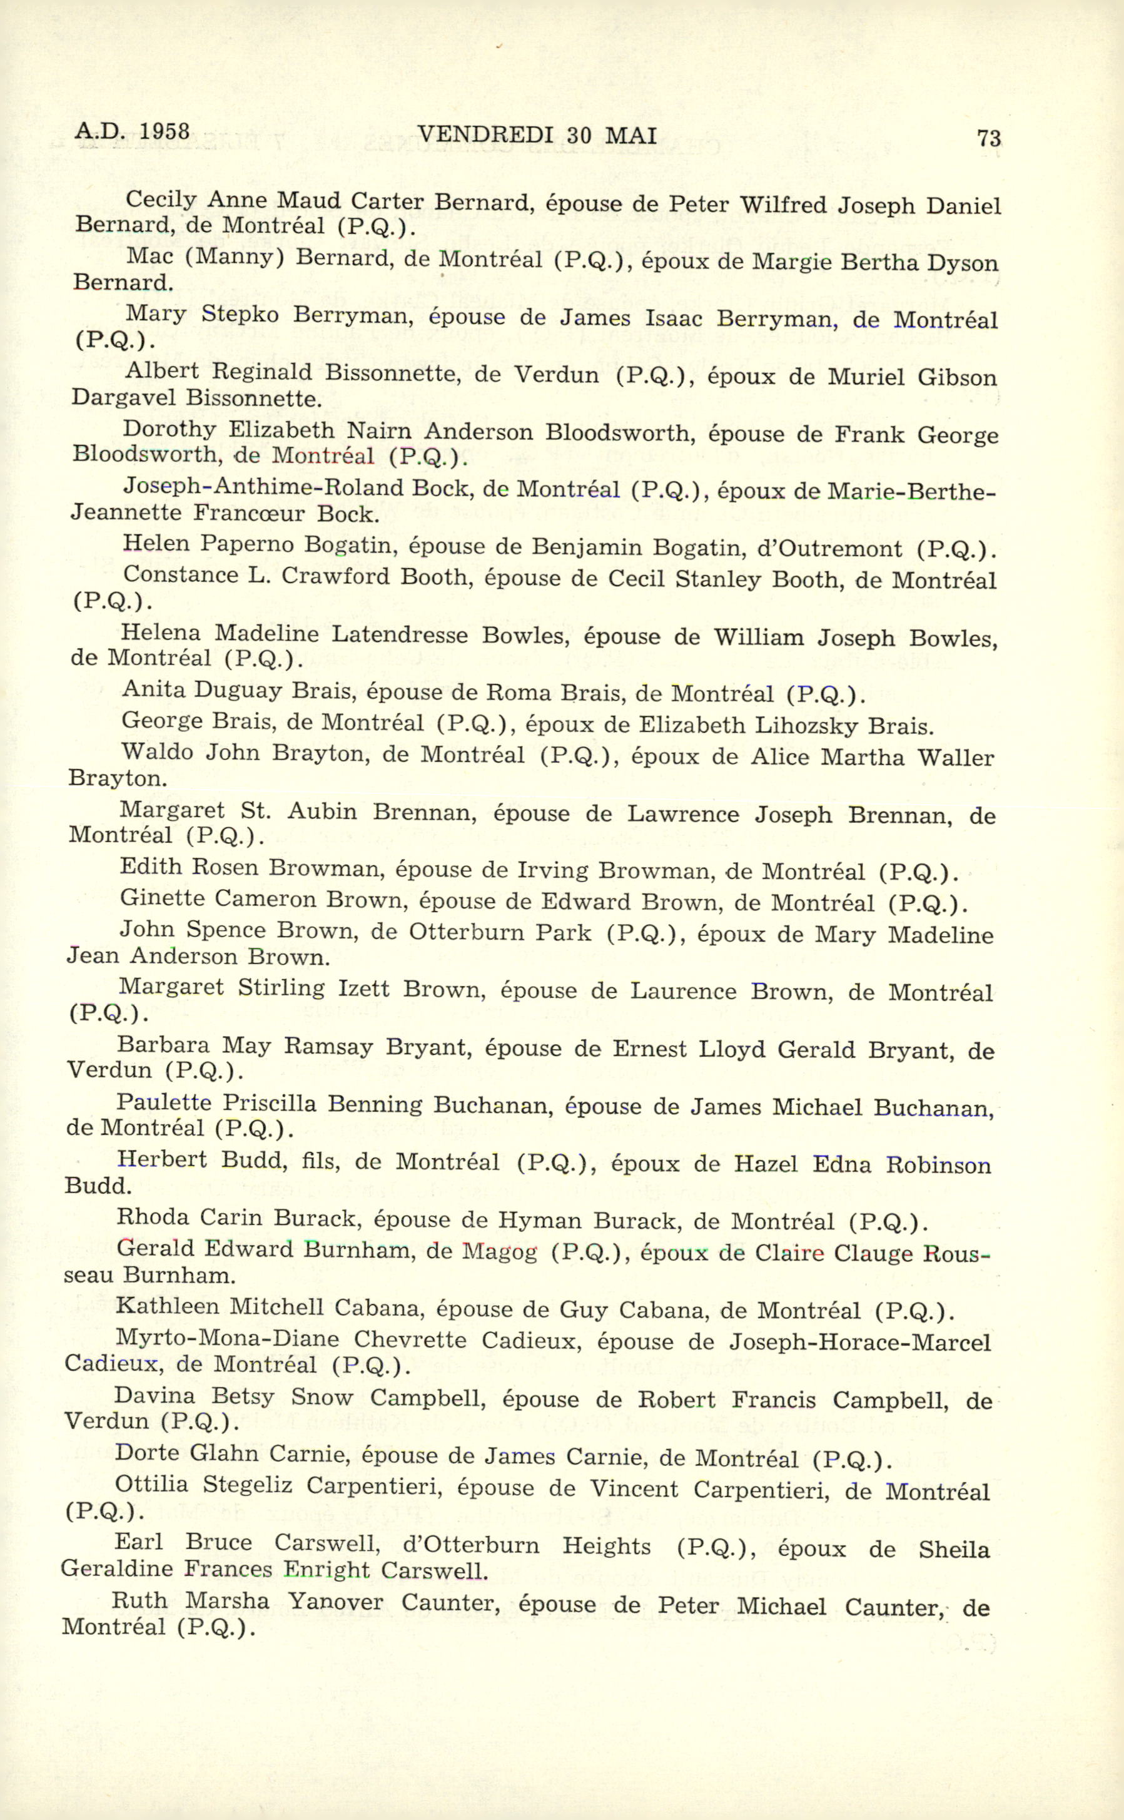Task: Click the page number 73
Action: [x=989, y=138]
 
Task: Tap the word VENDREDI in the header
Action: [x=485, y=135]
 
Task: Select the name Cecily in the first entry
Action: [x=161, y=199]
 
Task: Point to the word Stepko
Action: [x=240, y=315]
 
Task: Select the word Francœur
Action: [x=249, y=513]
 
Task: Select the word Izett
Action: [x=363, y=989]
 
